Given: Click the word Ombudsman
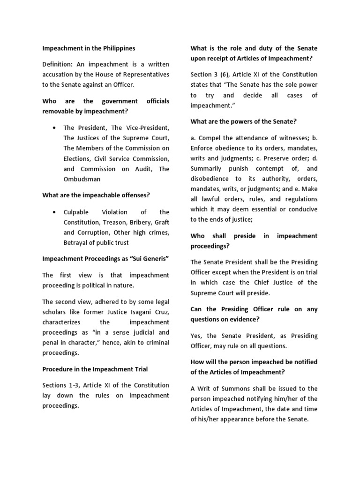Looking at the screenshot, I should tap(83, 179).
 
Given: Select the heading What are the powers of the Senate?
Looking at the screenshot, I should tap(244, 121).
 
